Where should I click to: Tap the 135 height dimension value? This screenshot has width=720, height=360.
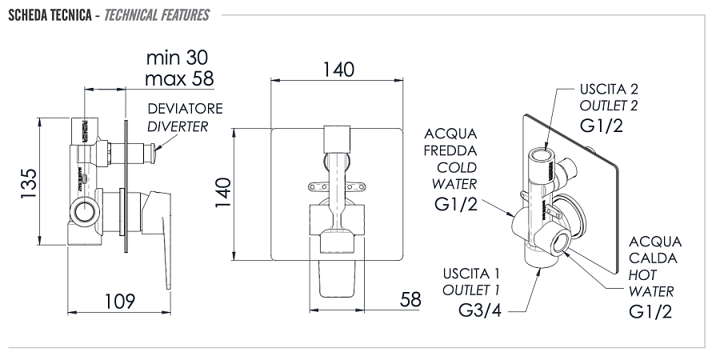pyautogui.click(x=29, y=186)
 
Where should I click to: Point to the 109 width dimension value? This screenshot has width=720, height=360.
pyautogui.click(x=118, y=301)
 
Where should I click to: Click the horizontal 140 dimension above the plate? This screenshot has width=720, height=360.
pyautogui.click(x=338, y=70)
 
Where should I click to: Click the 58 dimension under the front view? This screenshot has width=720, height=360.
pyautogui.click(x=410, y=300)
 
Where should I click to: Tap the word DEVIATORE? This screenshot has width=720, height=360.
pyautogui.click(x=185, y=109)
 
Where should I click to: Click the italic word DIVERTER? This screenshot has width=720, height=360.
pyautogui.click(x=178, y=126)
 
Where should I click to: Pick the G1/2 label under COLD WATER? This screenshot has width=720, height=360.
pyautogui.click(x=456, y=206)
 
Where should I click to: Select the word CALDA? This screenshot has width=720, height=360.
pyautogui.click(x=654, y=258)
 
